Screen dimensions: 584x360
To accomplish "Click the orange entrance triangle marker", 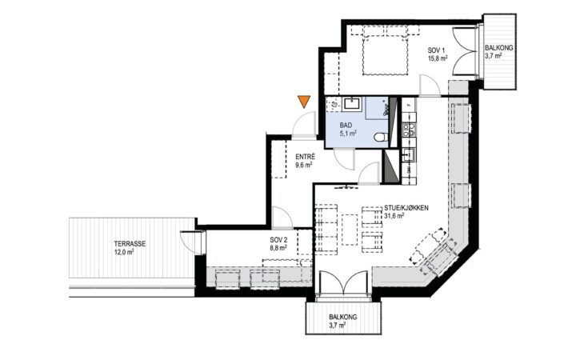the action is point(304,102).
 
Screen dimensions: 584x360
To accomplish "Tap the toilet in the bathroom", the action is point(381,138).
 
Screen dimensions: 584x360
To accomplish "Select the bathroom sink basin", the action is point(350,104).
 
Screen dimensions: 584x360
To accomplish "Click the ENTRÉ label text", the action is point(306,157).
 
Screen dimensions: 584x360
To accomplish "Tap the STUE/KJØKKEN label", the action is point(406,208).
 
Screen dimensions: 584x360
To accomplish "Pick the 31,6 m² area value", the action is point(394,215).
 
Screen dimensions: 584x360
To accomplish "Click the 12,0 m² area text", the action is point(124,252).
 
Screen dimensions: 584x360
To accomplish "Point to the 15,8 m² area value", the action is point(438,58).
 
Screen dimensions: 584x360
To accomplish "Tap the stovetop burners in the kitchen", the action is point(409,129).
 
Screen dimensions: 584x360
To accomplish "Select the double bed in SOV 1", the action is point(385,50).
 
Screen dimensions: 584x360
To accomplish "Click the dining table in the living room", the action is point(350,230).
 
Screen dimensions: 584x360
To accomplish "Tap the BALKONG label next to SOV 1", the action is point(498,48).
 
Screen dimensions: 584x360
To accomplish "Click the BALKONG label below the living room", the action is point(342,317).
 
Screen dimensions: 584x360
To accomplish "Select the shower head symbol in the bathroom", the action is point(386,108).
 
